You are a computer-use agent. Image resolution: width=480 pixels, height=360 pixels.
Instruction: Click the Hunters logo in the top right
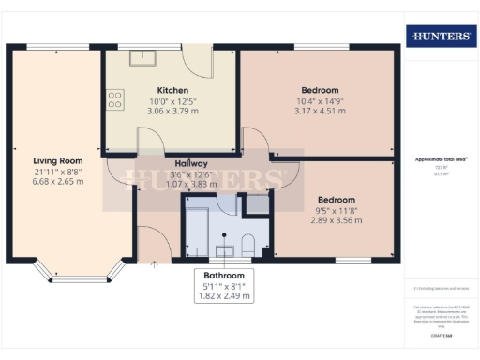tap(439, 36)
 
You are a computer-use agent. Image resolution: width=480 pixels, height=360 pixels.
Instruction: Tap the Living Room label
tap(58, 160)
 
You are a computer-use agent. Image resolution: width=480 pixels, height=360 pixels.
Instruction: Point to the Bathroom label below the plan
tap(223, 276)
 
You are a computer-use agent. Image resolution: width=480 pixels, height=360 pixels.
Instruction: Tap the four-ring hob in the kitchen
tap(116, 99)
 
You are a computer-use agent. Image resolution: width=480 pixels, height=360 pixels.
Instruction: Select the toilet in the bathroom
tap(248, 245)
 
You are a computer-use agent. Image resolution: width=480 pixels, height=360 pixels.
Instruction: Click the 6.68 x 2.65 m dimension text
tap(58, 181)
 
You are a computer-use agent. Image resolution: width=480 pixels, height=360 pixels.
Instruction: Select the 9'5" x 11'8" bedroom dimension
tap(335, 211)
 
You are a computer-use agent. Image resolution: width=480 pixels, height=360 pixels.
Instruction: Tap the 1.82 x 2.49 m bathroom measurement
tap(223, 296)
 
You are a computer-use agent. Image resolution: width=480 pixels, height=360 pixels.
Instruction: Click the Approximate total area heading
tap(439, 160)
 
